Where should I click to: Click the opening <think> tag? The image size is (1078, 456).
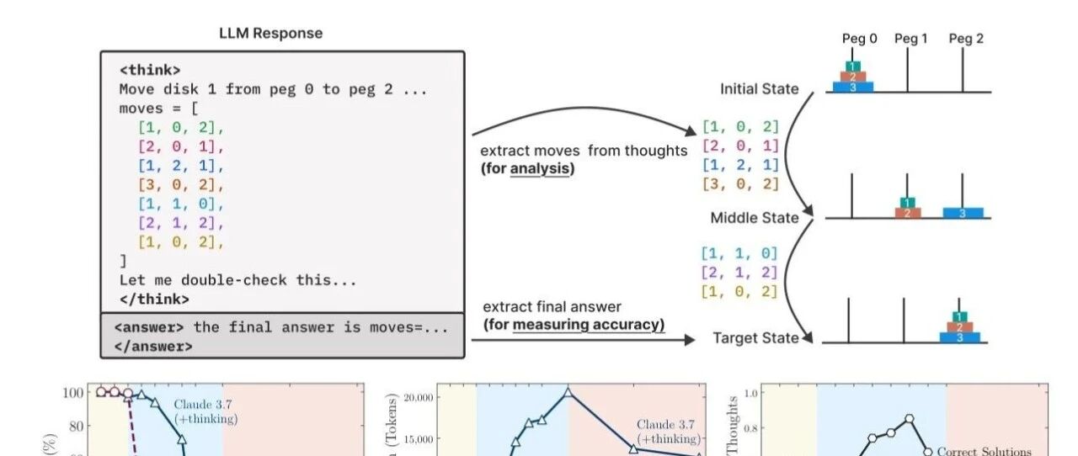click(150, 70)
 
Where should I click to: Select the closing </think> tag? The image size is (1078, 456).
click(154, 299)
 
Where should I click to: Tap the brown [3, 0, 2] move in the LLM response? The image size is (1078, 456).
click(181, 184)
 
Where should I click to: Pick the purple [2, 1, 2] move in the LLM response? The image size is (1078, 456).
click(181, 223)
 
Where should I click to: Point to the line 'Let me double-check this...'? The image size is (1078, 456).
click(237, 280)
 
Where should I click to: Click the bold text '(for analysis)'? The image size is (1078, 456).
click(527, 168)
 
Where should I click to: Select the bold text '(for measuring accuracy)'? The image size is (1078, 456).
click(574, 324)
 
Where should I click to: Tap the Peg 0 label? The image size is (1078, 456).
click(859, 39)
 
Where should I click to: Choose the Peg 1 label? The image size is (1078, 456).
click(910, 39)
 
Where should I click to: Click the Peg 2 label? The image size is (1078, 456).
click(965, 39)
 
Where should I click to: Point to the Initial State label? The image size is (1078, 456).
click(759, 89)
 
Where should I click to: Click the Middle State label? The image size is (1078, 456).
click(754, 218)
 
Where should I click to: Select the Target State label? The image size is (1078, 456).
click(755, 338)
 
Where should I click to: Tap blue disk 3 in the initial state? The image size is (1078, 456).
click(853, 87)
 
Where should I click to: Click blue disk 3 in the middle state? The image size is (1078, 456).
click(963, 213)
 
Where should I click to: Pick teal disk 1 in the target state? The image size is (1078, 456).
click(960, 316)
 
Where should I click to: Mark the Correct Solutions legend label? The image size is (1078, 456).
click(984, 452)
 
